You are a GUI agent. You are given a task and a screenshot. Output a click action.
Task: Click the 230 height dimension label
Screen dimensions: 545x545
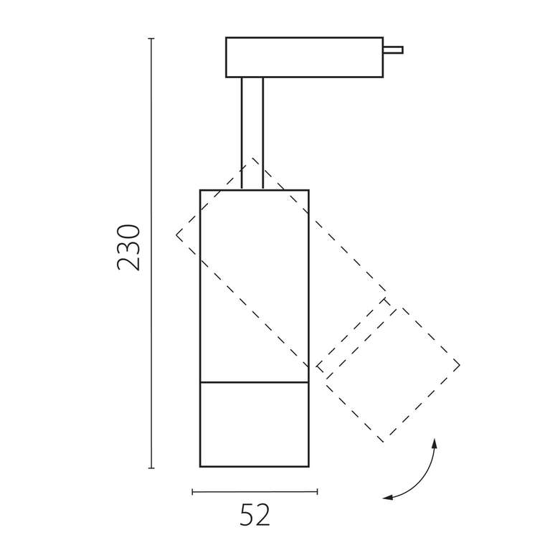[128, 247]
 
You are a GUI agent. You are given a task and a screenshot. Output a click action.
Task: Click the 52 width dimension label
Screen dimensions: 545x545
[255, 514]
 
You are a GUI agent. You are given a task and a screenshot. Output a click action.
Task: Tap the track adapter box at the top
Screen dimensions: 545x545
[305, 57]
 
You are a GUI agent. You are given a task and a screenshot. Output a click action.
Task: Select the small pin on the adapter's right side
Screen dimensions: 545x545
[394, 50]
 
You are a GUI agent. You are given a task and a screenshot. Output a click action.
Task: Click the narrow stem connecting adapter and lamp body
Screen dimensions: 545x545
[252, 133]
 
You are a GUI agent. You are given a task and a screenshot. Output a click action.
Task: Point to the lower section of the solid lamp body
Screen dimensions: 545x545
[255, 425]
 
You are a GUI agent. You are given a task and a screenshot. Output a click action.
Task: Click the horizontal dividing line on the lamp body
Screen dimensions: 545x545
[255, 382]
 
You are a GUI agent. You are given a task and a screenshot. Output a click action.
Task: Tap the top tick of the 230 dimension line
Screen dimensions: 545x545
[151, 39]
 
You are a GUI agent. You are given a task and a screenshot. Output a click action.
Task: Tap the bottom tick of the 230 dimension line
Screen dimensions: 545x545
[151, 468]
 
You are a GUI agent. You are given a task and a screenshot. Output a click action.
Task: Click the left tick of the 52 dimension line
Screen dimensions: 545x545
[193, 491]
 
